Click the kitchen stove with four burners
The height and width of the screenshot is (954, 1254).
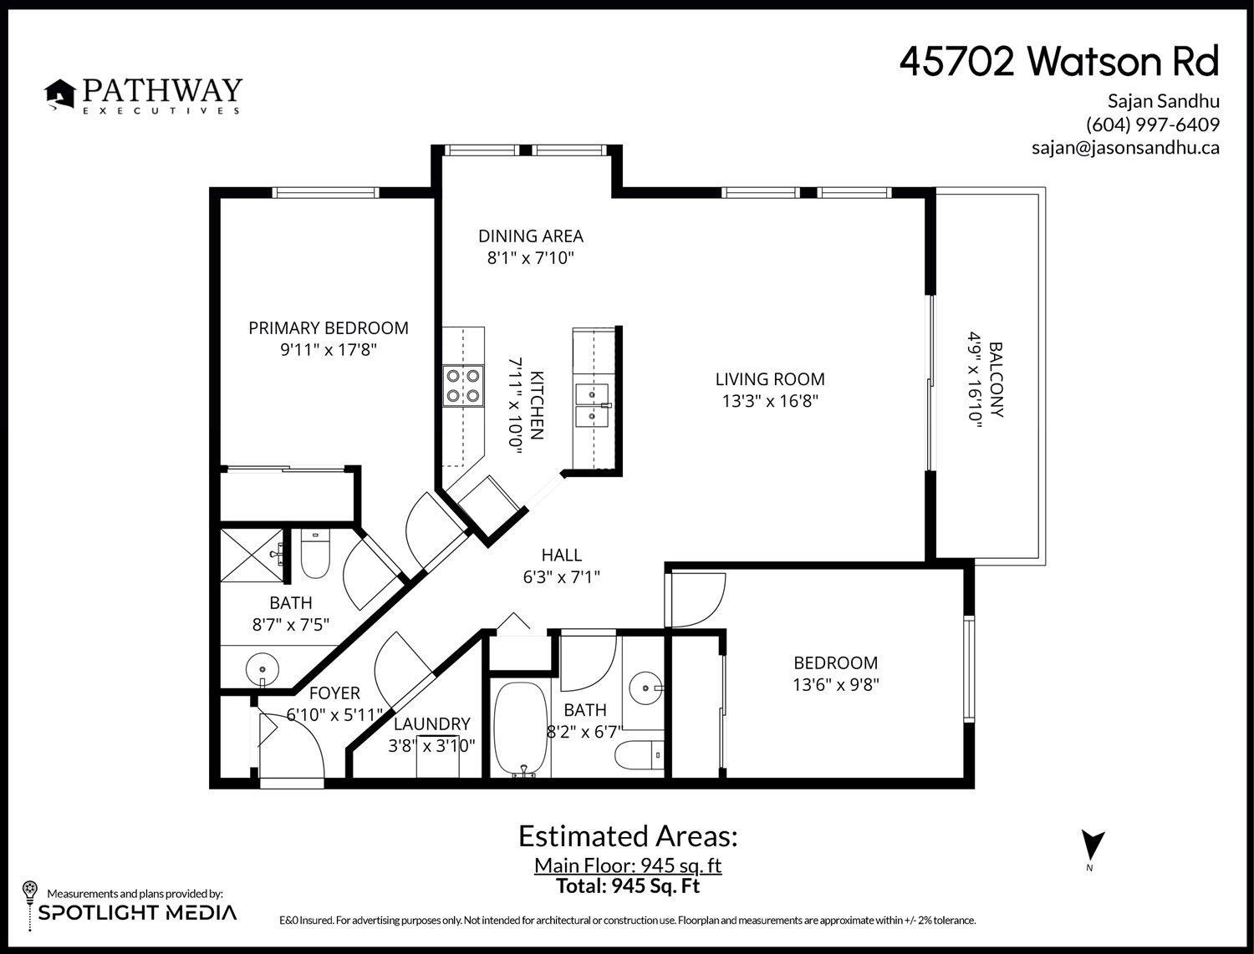click(x=464, y=386)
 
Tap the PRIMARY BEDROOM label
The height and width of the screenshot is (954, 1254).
click(x=329, y=328)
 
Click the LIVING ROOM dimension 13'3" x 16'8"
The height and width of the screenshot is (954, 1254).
click(x=769, y=401)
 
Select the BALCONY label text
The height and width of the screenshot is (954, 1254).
click(x=996, y=379)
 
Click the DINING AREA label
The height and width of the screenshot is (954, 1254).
click(x=530, y=236)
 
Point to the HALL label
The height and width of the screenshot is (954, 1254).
click(x=561, y=556)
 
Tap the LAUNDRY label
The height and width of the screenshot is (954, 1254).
click(x=432, y=724)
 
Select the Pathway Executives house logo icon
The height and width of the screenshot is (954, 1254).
click(x=59, y=95)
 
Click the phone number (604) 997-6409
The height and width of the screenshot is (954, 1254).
click(x=1152, y=124)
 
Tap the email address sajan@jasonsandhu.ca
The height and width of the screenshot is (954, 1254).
click(x=1124, y=148)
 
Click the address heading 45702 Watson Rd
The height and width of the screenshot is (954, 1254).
click(x=1058, y=62)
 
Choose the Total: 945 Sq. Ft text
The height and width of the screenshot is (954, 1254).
click(x=627, y=886)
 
